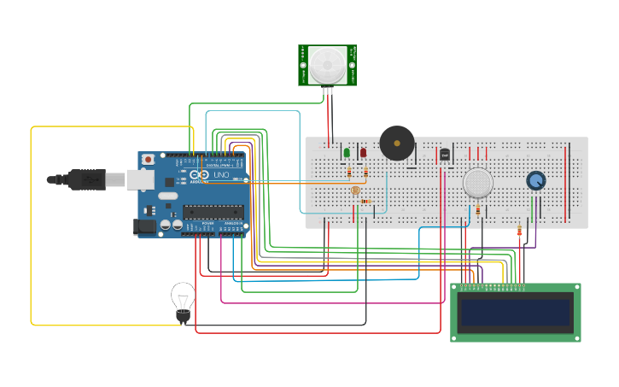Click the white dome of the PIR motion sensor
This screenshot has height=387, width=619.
coord(327,64)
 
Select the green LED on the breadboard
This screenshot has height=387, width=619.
coord(347,153)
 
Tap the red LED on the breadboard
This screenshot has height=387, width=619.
coord(363,153)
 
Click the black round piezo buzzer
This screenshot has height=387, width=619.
coord(397,143)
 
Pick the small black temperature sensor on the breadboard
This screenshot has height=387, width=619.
coord(444,155)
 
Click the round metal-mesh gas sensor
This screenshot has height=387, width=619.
coord(477,182)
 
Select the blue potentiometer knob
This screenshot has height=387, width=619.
coord(535,180)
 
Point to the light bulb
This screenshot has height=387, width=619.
coord(183,299)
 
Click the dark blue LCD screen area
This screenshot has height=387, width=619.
coord(516,312)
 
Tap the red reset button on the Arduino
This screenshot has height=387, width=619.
coord(149,159)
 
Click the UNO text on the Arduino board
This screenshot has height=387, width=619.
coord(221,175)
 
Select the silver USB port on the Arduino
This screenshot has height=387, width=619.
coord(140,179)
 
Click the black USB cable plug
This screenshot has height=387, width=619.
coord(85,179)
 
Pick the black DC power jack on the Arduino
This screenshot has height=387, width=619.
coord(145,226)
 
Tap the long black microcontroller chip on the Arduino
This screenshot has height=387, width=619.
coord(213,213)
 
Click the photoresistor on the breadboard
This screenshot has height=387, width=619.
coord(355,191)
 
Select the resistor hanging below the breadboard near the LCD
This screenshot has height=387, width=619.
coord(519,231)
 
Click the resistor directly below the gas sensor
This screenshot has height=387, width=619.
coord(477,209)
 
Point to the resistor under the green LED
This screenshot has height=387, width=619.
coord(349,173)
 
